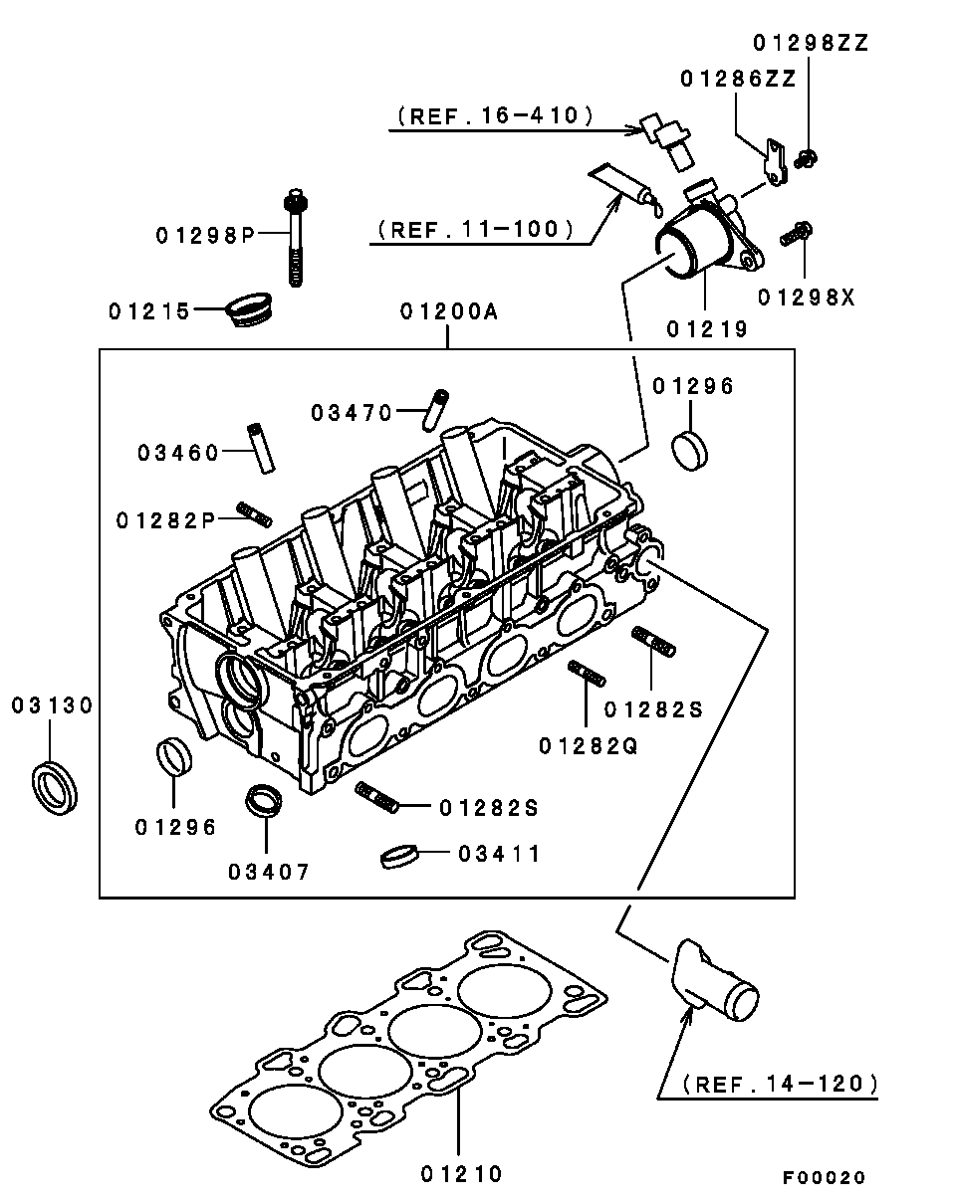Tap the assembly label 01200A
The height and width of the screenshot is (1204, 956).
pyautogui.click(x=448, y=311)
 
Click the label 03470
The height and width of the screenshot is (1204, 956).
pyautogui.click(x=352, y=411)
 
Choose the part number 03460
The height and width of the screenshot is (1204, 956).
pyautogui.click(x=178, y=454)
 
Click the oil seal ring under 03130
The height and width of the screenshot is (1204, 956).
pyautogui.click(x=56, y=786)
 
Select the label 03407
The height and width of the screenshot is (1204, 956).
pyautogui.click(x=269, y=872)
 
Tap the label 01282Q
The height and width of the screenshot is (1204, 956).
pyautogui.click(x=589, y=744)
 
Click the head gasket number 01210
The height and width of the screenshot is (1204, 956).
pyautogui.click(x=461, y=1174)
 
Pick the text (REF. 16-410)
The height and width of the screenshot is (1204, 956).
pyautogui.click(x=495, y=115)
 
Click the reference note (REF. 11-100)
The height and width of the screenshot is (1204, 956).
pyautogui.click(x=475, y=229)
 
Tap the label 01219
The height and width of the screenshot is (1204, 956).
pyautogui.click(x=708, y=328)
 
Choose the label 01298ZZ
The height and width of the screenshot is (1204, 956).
pyautogui.click(x=811, y=43)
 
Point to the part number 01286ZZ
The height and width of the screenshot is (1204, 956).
pyautogui.click(x=738, y=79)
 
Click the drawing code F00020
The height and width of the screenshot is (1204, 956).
pyautogui.click(x=824, y=1177)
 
